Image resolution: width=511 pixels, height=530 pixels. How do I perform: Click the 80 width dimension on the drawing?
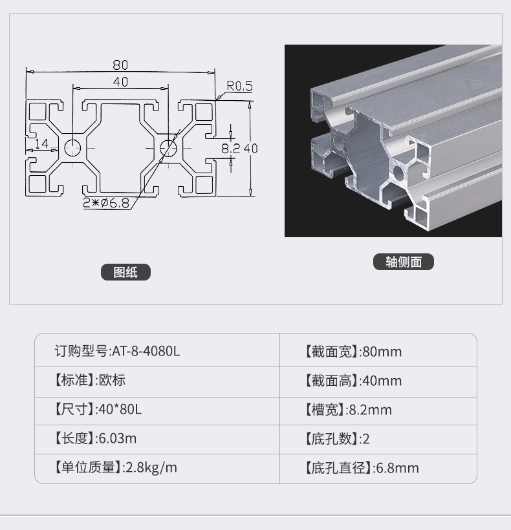click(120, 65)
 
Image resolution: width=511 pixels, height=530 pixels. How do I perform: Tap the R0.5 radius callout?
click(239, 86)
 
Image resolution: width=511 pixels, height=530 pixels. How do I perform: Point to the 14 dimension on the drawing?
click(41, 143)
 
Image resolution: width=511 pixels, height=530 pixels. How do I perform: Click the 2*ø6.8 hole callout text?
click(106, 203)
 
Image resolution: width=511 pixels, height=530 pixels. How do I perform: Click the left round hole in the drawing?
click(72, 148)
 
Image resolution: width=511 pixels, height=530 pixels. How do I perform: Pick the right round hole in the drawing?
click(168, 148)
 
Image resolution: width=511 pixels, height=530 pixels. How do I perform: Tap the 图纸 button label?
click(125, 272)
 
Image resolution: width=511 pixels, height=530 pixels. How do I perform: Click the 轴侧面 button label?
click(404, 262)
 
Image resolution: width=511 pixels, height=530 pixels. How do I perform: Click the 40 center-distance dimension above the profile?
click(121, 82)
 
